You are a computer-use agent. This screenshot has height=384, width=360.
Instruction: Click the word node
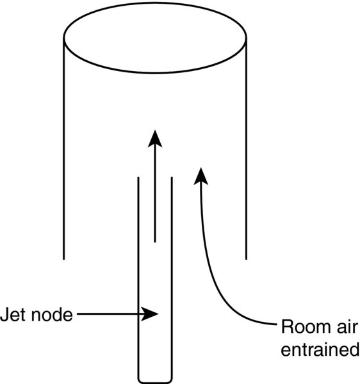click(52, 314)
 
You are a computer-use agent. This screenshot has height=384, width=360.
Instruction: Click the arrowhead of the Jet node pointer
click(149, 314)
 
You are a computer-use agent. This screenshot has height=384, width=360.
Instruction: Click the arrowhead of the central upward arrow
click(155, 139)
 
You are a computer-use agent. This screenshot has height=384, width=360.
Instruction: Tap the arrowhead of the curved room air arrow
click(201, 177)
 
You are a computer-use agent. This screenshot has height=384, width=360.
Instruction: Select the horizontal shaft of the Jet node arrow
click(110, 314)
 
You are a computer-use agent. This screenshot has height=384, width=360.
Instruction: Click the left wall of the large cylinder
click(63, 148)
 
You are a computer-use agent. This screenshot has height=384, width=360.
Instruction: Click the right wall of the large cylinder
click(246, 148)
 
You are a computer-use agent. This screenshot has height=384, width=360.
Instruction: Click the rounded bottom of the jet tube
click(155, 382)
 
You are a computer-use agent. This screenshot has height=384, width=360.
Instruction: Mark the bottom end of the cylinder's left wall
click(63, 259)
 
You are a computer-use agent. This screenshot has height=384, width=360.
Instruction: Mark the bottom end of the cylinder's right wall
click(246, 259)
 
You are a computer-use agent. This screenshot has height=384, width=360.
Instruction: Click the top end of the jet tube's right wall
click(172, 177)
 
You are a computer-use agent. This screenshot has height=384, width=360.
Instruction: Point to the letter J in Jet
click(4, 314)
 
